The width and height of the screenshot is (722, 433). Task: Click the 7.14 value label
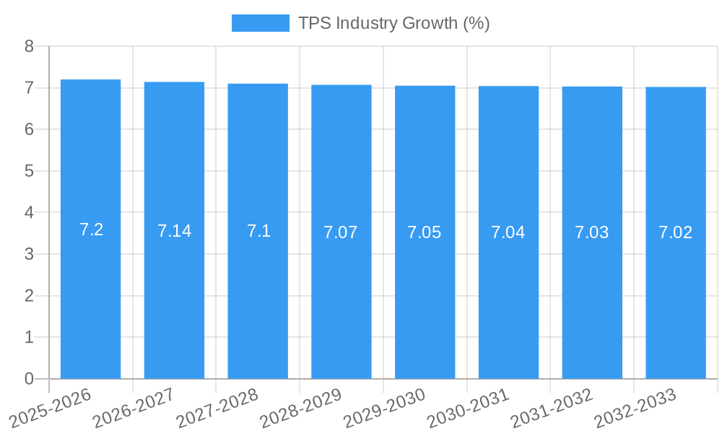pos(174,231)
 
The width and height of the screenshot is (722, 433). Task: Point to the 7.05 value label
pos(425,232)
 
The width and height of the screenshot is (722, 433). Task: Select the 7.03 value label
pos(592,232)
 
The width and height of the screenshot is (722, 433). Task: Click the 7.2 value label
pos(91,229)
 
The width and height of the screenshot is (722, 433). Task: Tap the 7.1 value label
pos(258,231)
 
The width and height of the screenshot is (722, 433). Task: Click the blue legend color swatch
pos(260,23)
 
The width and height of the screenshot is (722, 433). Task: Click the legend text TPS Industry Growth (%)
pos(394,23)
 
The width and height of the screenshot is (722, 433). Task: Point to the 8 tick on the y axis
pos(29,46)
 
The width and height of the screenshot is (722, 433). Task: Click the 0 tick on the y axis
pos(29,379)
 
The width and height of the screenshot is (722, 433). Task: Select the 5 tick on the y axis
pos(29,171)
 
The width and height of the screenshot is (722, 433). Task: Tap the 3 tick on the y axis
pos(29,254)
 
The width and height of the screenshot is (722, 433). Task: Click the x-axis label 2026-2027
pos(134,407)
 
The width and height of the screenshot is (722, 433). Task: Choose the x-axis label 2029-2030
pos(384,407)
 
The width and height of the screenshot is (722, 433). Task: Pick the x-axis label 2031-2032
pos(552,407)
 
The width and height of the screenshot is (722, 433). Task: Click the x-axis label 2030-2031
pos(468,407)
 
